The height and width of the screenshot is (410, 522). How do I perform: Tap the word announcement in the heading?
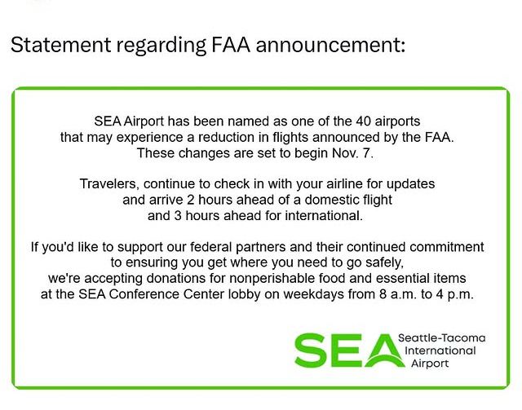tap(330, 45)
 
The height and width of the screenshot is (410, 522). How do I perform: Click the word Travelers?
tap(110, 184)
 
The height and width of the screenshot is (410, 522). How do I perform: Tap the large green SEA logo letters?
tap(343, 350)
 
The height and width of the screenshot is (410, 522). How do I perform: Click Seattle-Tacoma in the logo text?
tap(441, 338)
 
